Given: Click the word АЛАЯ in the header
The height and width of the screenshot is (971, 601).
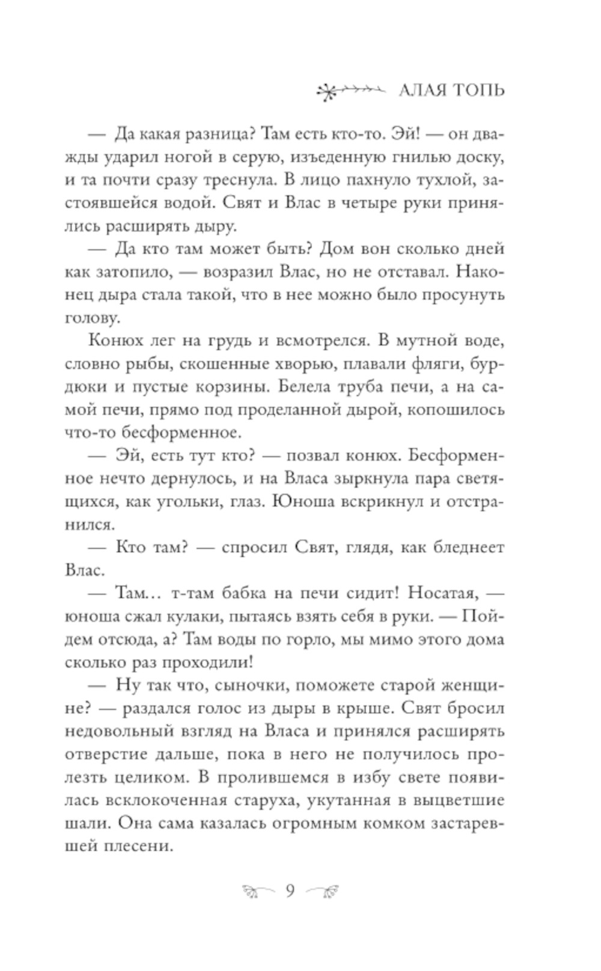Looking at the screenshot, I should [423, 91].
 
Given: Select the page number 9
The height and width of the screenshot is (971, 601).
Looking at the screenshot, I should [290, 891].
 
